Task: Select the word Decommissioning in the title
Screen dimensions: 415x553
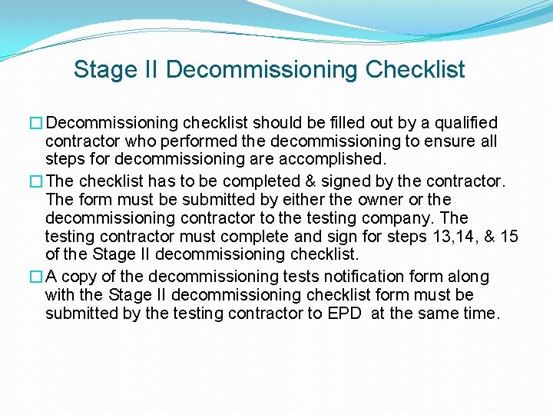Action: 262,70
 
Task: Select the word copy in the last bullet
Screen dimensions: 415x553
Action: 78,277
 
